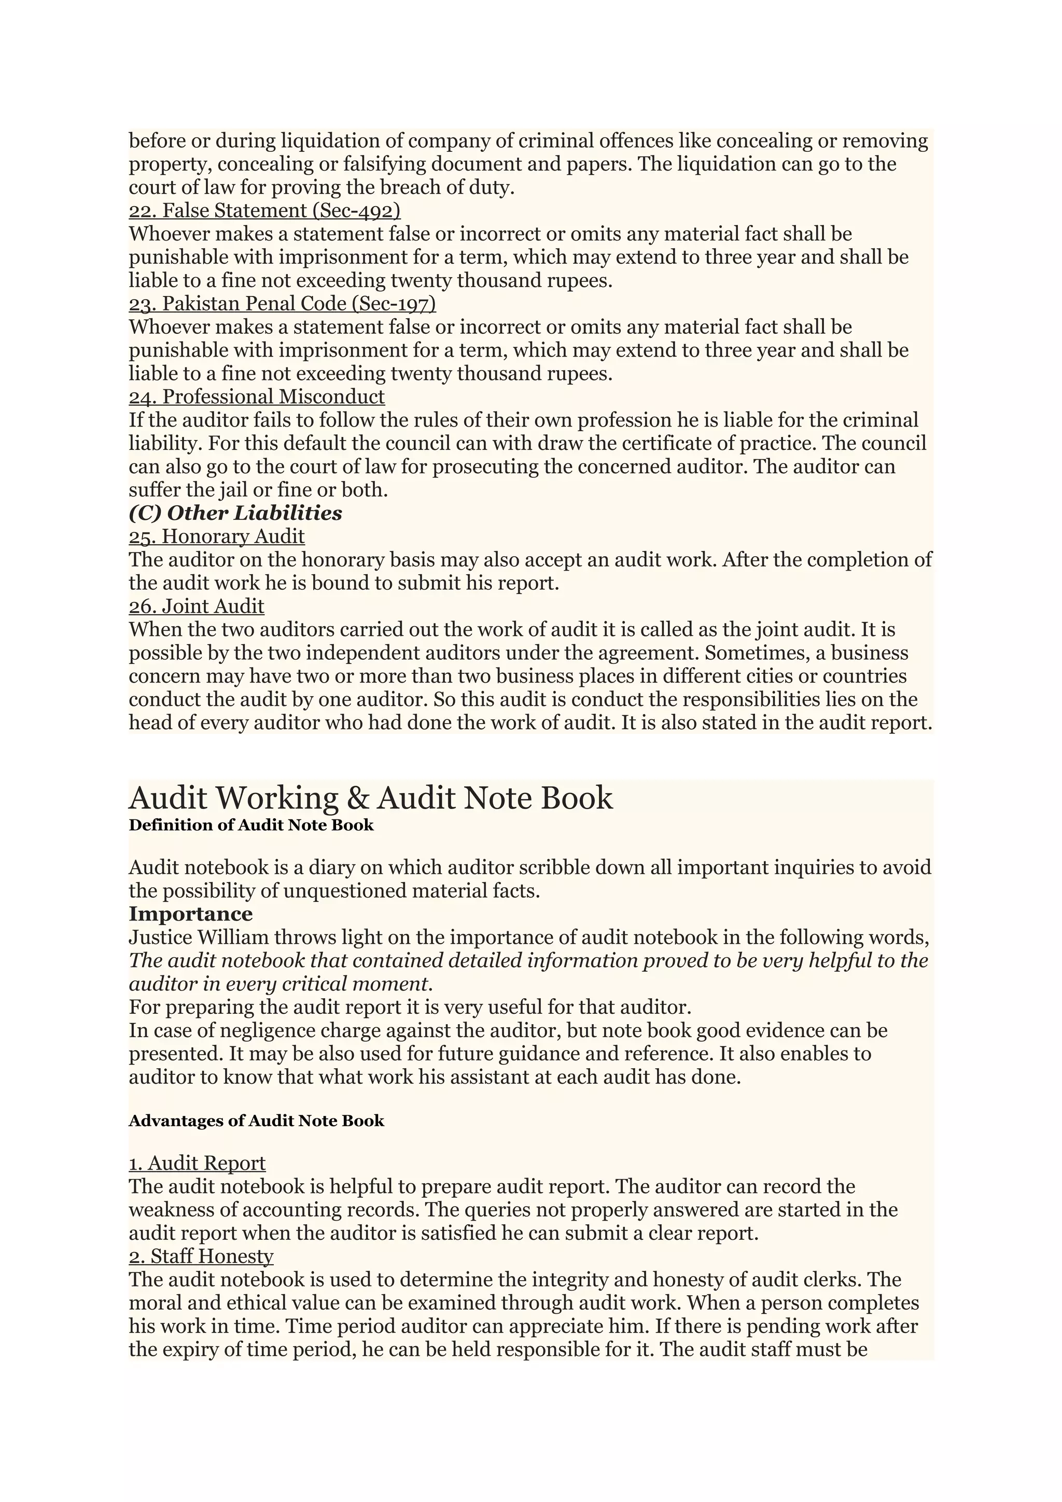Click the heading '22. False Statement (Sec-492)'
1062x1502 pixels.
click(x=264, y=210)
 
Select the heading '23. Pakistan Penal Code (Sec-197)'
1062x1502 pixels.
click(x=282, y=304)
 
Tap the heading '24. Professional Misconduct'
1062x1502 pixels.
click(x=257, y=396)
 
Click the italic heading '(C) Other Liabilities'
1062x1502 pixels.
click(x=235, y=513)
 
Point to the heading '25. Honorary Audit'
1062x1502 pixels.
click(x=217, y=536)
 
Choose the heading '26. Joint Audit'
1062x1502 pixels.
click(x=197, y=606)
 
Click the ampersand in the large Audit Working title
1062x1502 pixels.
click(x=357, y=799)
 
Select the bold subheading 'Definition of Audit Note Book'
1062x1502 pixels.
click(x=250, y=825)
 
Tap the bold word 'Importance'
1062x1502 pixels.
click(x=190, y=914)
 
